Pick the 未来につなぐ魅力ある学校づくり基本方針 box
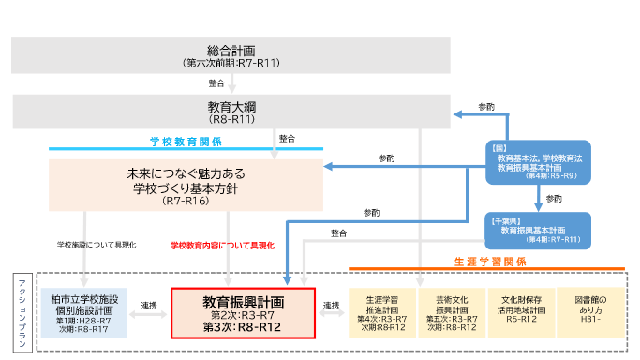pos(186,186)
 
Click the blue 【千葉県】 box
pos(538,231)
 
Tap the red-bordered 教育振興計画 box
pos(243,313)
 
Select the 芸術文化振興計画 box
pos(449,311)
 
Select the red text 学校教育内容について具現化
pos(222,245)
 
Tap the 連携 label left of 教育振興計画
pos(148,306)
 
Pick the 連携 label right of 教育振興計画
pos(330,306)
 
